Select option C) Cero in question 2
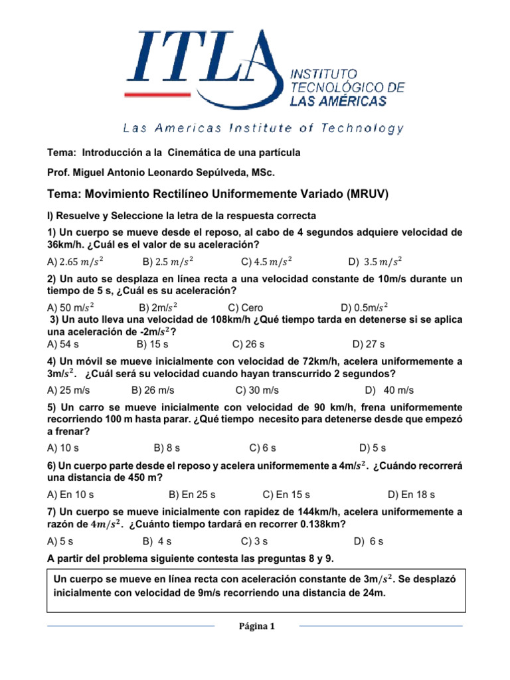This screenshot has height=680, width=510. (245, 307)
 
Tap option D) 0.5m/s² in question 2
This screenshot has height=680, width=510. (365, 307)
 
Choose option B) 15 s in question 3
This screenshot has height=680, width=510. (152, 344)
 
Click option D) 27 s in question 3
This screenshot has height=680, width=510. (369, 344)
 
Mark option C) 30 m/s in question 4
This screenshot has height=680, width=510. (257, 390)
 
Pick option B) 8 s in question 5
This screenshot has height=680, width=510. (166, 448)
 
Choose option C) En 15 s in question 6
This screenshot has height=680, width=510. (286, 495)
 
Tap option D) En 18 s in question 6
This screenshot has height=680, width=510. (411, 495)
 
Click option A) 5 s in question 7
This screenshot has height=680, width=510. (60, 541)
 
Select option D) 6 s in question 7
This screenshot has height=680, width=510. (369, 541)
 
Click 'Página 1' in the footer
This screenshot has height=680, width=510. (256, 626)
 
